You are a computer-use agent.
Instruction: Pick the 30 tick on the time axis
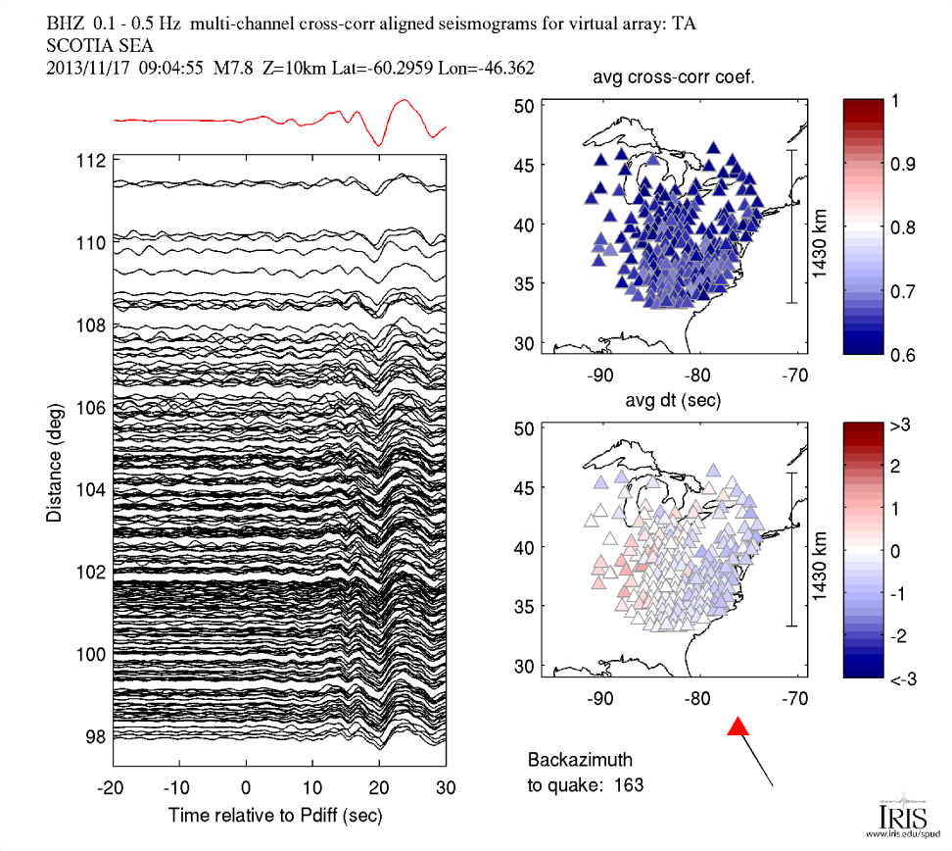(445, 787)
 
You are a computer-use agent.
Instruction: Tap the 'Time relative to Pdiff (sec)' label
(275, 815)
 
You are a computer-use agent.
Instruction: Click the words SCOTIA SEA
(98, 45)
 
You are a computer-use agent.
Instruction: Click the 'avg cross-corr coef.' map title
(675, 81)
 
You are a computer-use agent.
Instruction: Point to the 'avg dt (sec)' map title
(675, 402)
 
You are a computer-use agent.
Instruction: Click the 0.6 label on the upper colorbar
(913, 354)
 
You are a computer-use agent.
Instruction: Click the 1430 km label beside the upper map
(821, 226)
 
